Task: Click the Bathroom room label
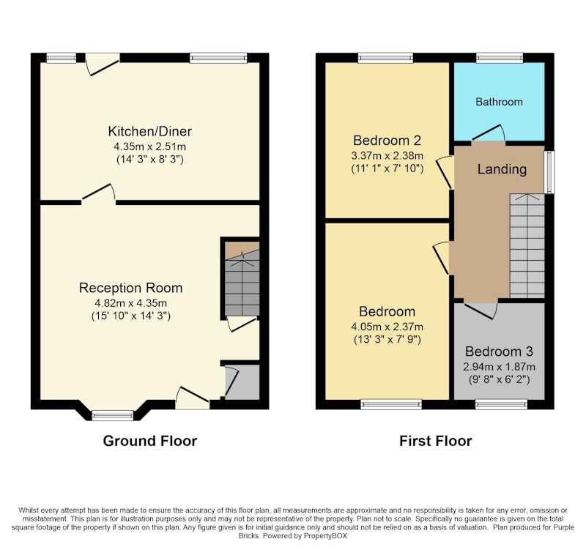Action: [499, 102]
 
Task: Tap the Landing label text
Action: [502, 169]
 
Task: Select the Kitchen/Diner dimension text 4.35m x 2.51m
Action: [149, 146]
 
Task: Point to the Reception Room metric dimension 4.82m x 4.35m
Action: [131, 302]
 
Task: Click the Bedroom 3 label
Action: [499, 352]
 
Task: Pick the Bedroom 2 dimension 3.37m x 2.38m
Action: [387, 155]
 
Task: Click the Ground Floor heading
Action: [150, 441]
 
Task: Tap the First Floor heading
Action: [435, 441]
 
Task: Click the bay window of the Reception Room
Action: [113, 415]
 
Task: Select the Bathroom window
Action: [500, 58]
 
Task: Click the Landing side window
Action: [549, 172]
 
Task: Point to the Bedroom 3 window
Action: [501, 404]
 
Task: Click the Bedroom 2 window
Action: [386, 58]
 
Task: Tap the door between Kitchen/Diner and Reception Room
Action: [98, 193]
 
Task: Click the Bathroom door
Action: [489, 133]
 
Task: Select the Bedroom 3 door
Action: [481, 310]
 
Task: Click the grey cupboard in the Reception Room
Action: [242, 382]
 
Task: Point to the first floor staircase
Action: [527, 246]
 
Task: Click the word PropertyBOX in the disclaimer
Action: [325, 536]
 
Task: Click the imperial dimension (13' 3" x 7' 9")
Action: [387, 340]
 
